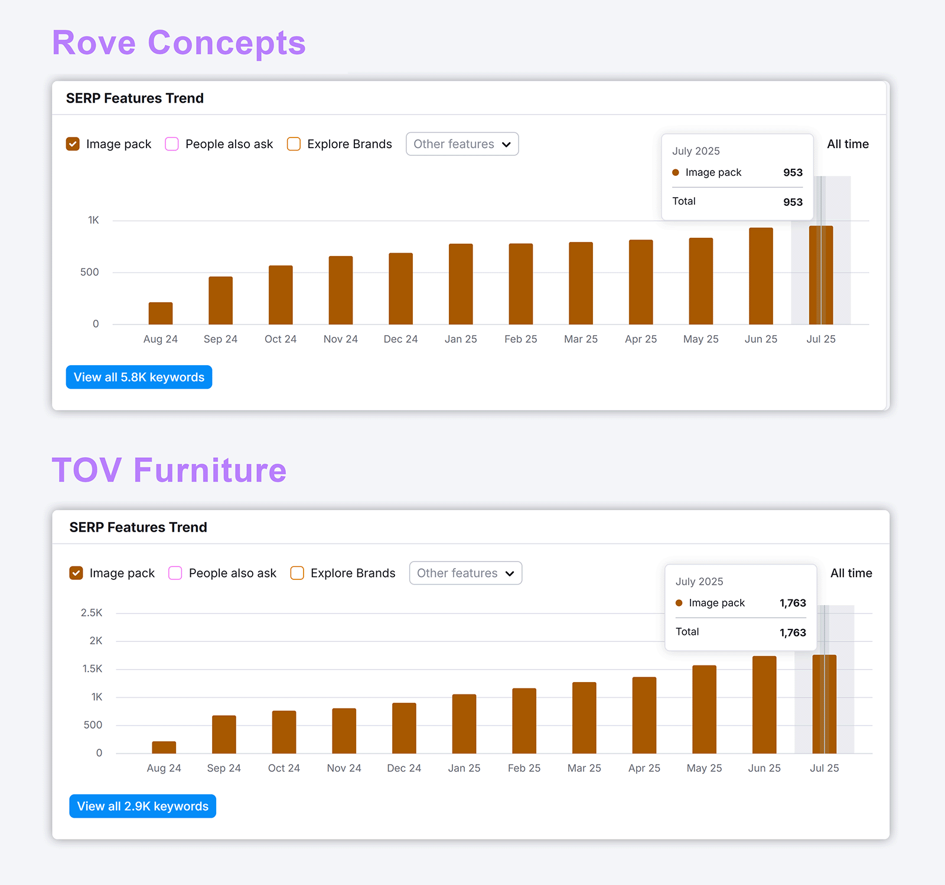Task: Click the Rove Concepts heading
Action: (178, 43)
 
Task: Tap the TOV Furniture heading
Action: (169, 470)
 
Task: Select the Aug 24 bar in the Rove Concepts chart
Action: (160, 313)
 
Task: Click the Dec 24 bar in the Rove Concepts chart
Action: (400, 289)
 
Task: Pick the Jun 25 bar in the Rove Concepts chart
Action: (761, 276)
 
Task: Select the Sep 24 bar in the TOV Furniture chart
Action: (224, 735)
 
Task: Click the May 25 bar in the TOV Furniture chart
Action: (704, 709)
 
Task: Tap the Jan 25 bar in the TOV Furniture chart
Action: (464, 724)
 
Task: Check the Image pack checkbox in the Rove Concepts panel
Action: (73, 144)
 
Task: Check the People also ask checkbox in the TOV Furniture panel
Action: (175, 573)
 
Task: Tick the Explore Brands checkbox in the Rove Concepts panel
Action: (294, 144)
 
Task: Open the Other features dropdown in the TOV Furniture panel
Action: (465, 573)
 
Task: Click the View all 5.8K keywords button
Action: (139, 377)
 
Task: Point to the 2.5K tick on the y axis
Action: (92, 613)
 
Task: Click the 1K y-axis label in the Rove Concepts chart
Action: (93, 220)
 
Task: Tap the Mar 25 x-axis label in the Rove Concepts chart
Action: (581, 339)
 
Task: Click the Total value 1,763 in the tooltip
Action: (793, 632)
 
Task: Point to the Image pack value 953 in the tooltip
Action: (793, 172)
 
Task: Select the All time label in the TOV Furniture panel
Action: (851, 573)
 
